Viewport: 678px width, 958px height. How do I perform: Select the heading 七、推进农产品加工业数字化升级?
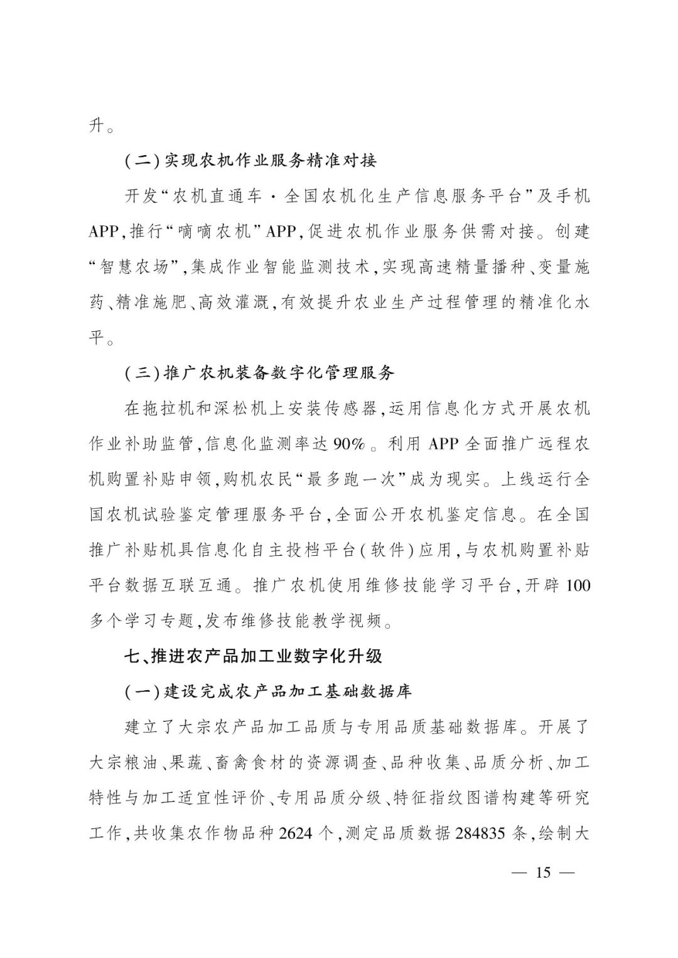[x=253, y=656]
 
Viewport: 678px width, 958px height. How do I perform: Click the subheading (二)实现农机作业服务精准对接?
[x=250, y=161]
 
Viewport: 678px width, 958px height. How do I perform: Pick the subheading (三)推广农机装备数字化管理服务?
[x=259, y=373]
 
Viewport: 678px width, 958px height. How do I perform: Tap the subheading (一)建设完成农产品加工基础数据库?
[x=268, y=692]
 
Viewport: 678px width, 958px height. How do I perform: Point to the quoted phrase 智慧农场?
[x=134, y=267]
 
